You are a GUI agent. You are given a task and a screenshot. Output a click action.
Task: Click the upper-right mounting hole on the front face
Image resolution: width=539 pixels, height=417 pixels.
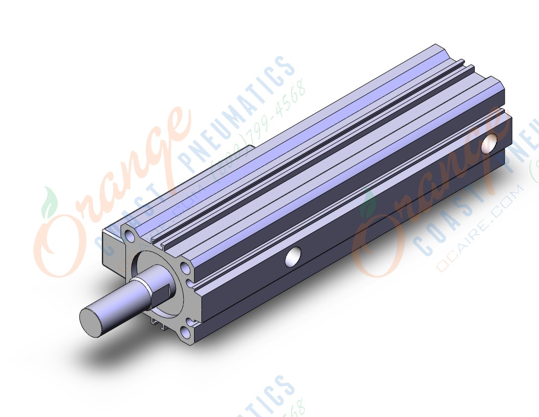(x=185, y=268)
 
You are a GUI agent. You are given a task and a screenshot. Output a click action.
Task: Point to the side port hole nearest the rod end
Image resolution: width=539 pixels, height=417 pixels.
(x=294, y=257)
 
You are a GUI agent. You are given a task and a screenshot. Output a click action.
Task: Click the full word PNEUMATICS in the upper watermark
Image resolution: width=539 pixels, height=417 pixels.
(x=240, y=113)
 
